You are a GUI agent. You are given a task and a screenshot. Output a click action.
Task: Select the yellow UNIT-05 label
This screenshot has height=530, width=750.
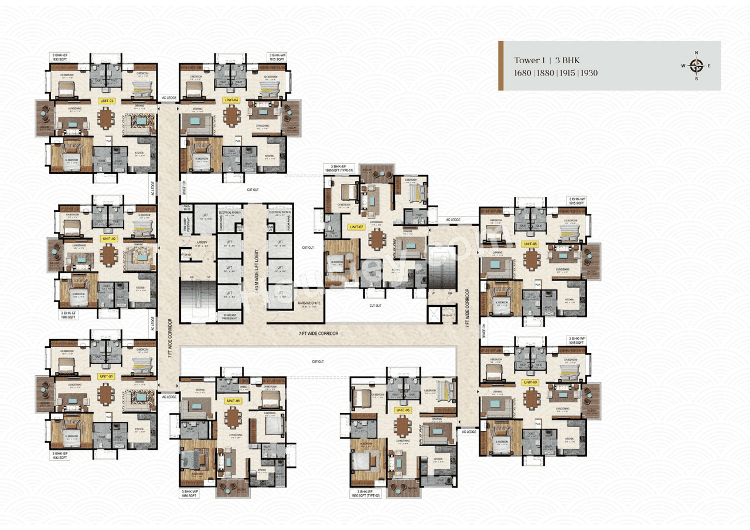(x=233, y=401)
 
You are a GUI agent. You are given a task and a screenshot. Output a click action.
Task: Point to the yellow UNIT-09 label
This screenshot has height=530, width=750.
(x=530, y=382)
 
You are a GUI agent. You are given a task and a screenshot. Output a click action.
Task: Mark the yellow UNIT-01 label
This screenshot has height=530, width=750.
(x=106, y=375)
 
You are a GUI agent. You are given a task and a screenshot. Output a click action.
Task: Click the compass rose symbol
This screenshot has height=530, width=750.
(x=696, y=66)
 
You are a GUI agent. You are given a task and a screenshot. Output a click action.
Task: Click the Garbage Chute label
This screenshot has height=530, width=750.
(x=309, y=303)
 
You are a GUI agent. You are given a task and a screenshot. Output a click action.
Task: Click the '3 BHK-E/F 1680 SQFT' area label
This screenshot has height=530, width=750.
(x=70, y=316)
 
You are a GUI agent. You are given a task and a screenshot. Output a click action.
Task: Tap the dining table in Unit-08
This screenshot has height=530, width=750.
(x=531, y=258)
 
